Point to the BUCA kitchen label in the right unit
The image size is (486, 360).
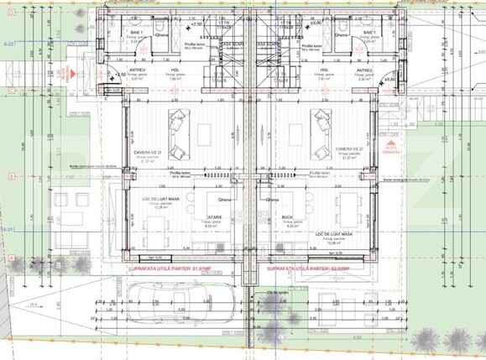pos(287,216)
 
